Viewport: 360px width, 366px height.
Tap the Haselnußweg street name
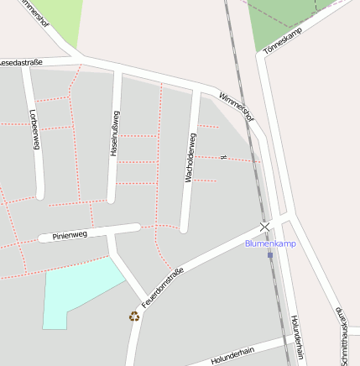coord(115,133)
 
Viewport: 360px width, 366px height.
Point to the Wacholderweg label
coord(190,157)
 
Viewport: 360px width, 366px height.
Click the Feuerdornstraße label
coord(163,286)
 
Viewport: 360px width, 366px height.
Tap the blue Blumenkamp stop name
coord(270,243)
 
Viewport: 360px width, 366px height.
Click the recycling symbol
coord(134,316)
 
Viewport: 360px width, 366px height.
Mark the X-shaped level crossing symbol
coord(265,227)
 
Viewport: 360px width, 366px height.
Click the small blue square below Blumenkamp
coord(270,255)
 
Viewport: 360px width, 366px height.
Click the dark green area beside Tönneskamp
coord(281,21)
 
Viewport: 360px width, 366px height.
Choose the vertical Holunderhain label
coord(295,336)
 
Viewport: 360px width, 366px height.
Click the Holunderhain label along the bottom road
coord(232,355)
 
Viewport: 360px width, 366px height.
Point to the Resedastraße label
coord(21,62)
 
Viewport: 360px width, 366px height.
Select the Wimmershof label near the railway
coord(236,106)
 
